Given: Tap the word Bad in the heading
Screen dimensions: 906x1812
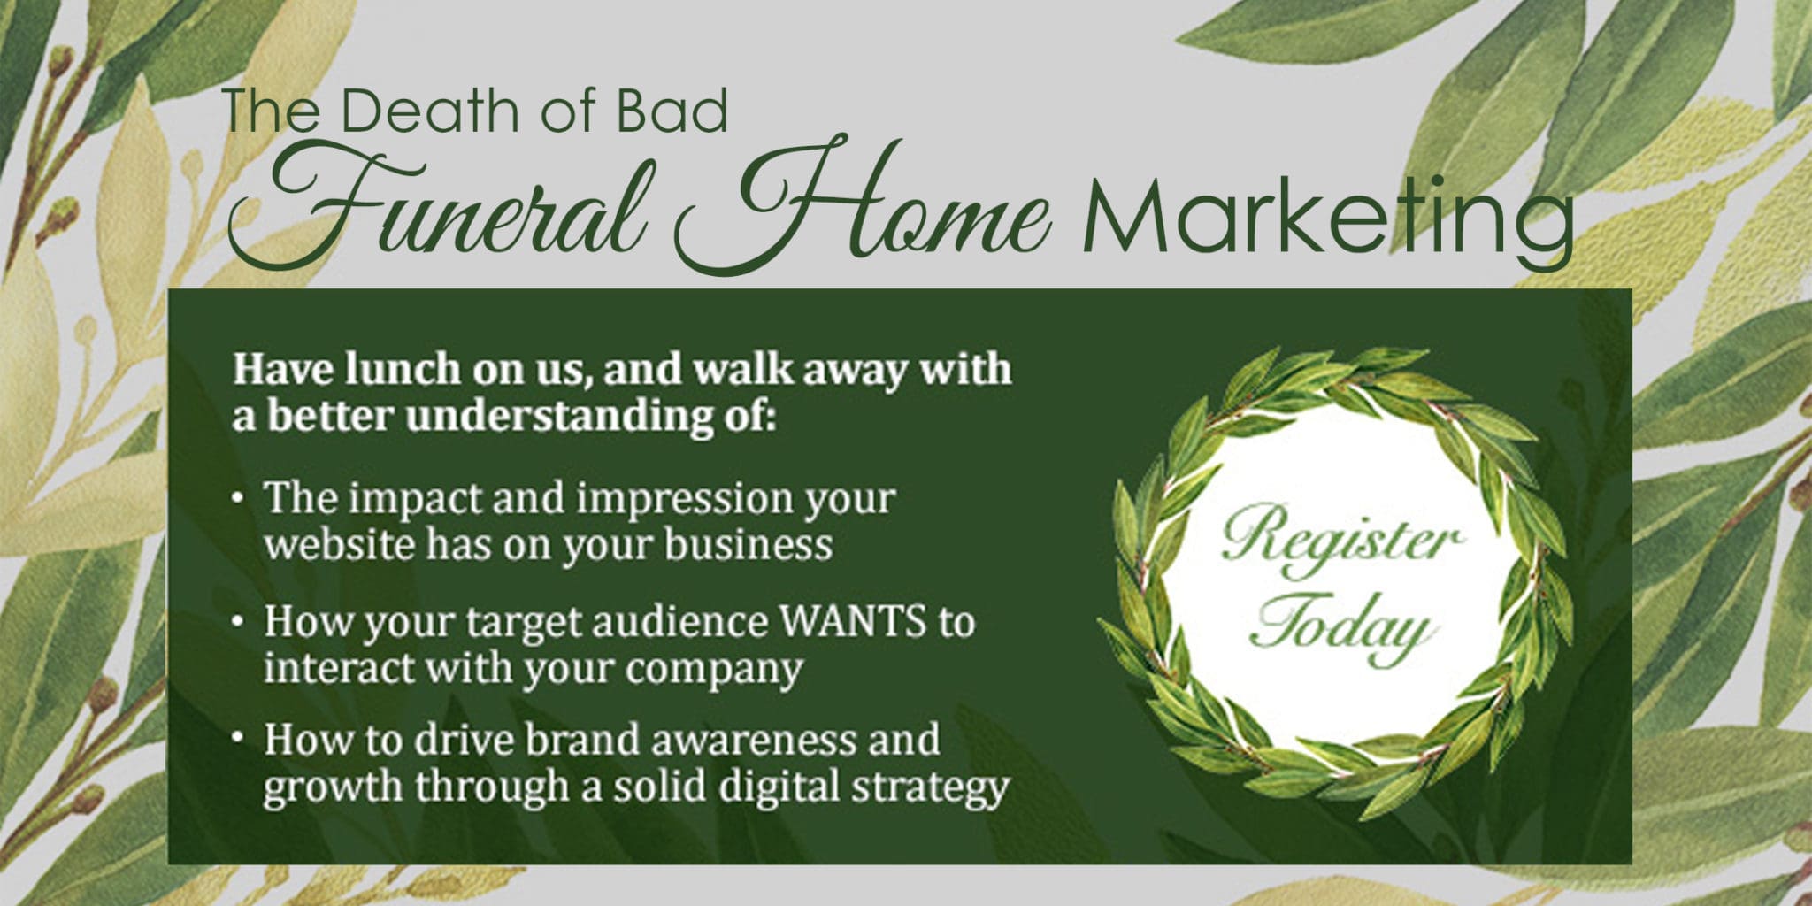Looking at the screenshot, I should pos(672,112).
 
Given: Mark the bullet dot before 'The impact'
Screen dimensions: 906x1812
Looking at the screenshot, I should pos(237,498).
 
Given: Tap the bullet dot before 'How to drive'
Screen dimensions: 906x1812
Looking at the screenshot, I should pos(237,737).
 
